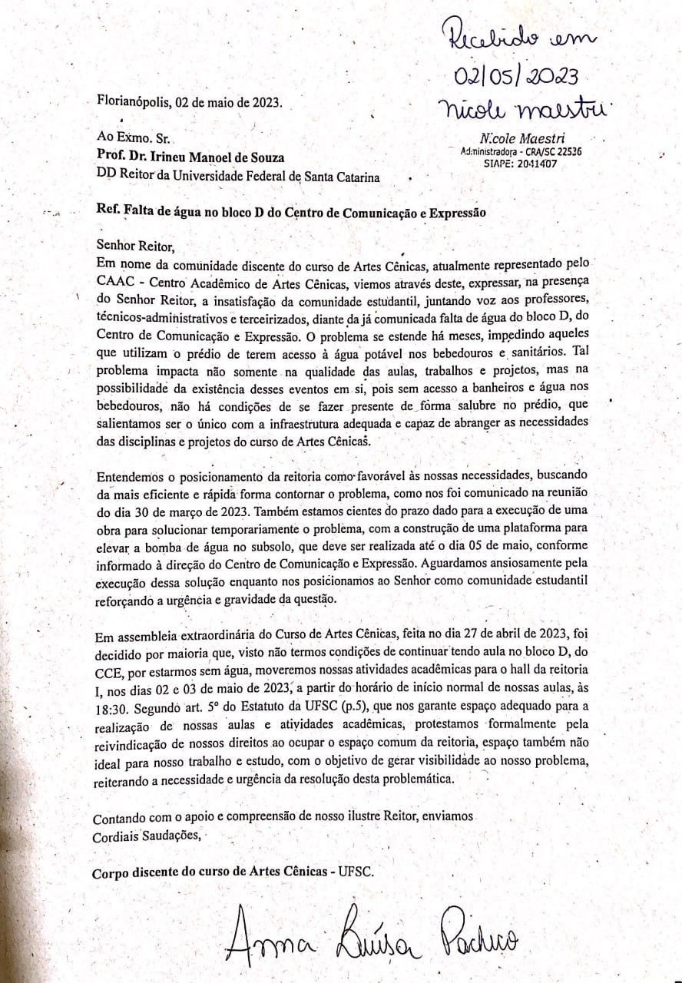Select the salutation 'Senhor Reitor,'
pos(131,246)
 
